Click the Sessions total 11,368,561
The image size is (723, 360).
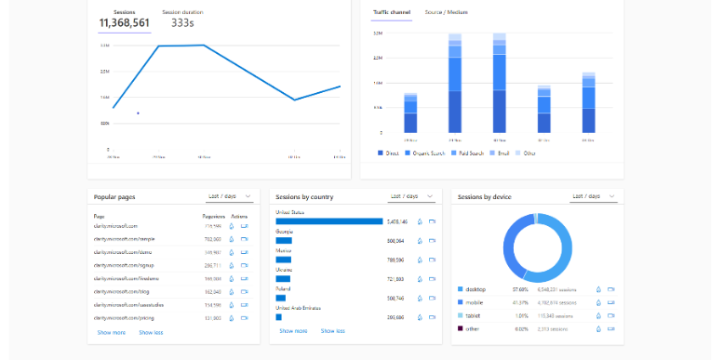pyautogui.click(x=125, y=23)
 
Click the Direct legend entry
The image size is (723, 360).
pyautogui.click(x=389, y=153)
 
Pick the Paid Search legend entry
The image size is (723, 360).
pyautogui.click(x=466, y=153)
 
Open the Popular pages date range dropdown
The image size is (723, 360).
pyautogui.click(x=228, y=196)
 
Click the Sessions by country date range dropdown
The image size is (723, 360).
pyautogui.click(x=411, y=196)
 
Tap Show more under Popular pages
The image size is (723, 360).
pyautogui.click(x=111, y=332)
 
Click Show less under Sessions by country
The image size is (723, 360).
pyautogui.click(x=333, y=330)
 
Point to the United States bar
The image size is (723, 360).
pyautogui.click(x=328, y=221)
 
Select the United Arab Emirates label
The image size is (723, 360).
pyautogui.click(x=301, y=308)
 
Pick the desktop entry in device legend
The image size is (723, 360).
pyautogui.click(x=478, y=289)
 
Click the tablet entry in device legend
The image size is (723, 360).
pyautogui.click(x=475, y=315)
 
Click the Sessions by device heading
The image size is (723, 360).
pyautogui.click(x=485, y=197)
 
